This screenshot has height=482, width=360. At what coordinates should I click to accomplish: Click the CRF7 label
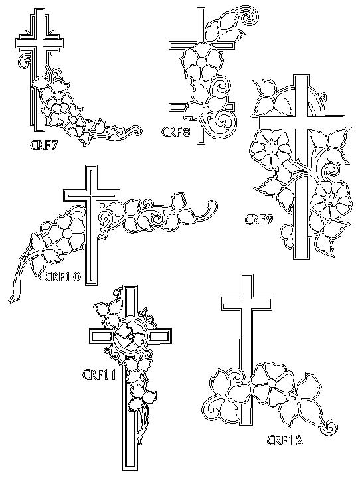click(43, 145)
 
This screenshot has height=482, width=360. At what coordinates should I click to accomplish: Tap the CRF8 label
click(176, 133)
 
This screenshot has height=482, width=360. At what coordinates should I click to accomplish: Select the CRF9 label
click(259, 220)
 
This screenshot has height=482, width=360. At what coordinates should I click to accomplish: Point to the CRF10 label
click(62, 277)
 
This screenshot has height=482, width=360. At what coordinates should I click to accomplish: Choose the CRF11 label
click(100, 374)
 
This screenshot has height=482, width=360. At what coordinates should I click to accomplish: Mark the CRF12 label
click(285, 440)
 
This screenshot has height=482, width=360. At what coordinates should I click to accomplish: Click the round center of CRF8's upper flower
click(200, 62)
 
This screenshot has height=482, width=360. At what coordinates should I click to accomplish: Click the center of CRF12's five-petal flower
click(271, 382)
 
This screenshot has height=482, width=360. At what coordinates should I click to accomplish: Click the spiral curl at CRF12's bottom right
click(331, 426)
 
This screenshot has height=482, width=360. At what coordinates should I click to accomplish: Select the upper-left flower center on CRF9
click(270, 146)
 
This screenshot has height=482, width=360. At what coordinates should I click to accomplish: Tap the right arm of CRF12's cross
click(262, 303)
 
